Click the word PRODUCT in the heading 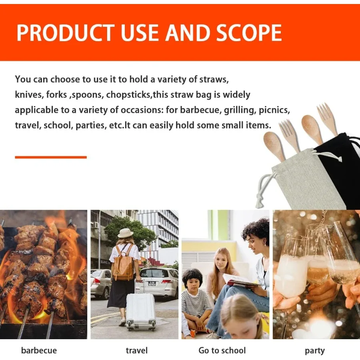click(x=66, y=33)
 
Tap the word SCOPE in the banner click(x=249, y=33)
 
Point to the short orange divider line click(x=51, y=157)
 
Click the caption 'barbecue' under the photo click(x=39, y=350)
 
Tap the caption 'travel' click(x=137, y=350)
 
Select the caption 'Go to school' click(x=222, y=350)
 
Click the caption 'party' click(x=315, y=351)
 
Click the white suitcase click(x=141, y=311)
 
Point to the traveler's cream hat click(x=125, y=233)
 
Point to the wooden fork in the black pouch click(x=327, y=119)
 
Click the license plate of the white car click(x=152, y=284)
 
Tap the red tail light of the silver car click(x=97, y=281)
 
